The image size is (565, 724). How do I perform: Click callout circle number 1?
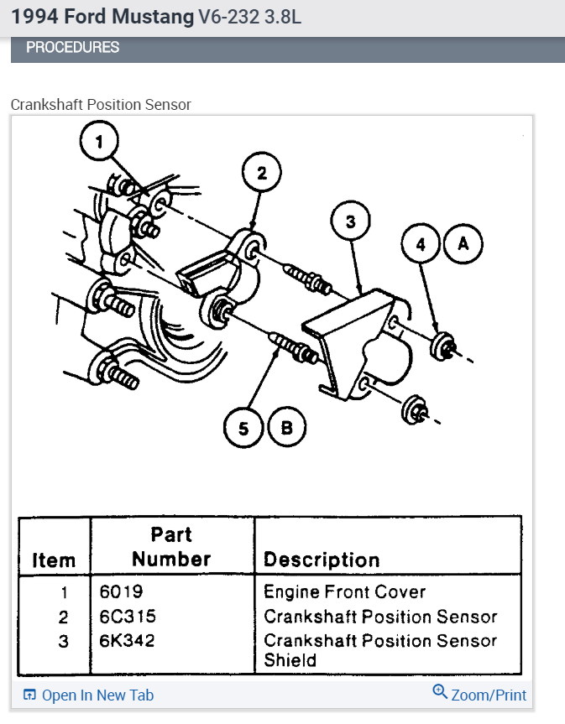point(101,142)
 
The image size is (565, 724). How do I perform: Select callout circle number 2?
point(261,174)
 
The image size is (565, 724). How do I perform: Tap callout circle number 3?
point(350,222)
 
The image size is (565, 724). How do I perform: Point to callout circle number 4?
point(421,244)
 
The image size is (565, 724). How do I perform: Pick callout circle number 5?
point(243,429)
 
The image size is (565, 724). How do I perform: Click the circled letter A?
point(463,244)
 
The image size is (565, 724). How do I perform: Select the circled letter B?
point(286,429)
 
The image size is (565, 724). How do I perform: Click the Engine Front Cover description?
point(345,592)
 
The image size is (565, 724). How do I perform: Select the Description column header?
point(322,560)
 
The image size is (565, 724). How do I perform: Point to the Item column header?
point(54,560)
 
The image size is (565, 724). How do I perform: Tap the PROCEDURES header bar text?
point(73,48)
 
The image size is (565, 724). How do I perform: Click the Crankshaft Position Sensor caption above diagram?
point(101,105)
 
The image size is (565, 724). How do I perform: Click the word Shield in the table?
point(290,660)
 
